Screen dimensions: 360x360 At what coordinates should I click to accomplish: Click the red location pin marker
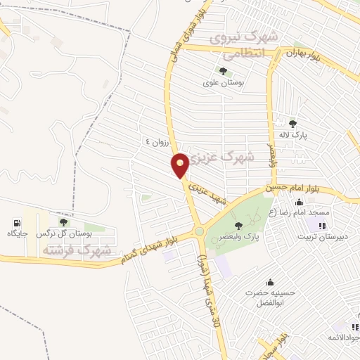[181, 165]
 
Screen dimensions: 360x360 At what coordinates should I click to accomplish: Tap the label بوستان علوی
[223, 82]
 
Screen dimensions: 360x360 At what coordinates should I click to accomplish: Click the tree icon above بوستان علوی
[223, 71]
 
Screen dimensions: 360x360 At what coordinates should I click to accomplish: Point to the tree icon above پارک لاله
[292, 124]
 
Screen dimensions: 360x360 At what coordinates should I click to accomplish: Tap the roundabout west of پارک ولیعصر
[199, 231]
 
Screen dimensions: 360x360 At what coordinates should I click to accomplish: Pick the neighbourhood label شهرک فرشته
[77, 250]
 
